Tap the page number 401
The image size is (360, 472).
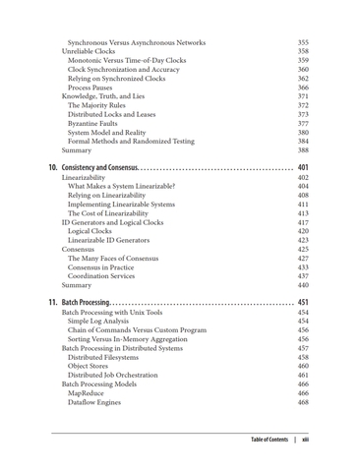click(x=303, y=167)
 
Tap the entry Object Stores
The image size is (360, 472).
click(x=90, y=366)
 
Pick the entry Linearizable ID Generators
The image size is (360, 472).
click(x=108, y=240)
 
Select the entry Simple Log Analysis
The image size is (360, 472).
click(x=99, y=321)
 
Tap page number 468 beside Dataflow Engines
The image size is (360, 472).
click(x=303, y=402)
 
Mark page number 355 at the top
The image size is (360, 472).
click(x=303, y=42)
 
